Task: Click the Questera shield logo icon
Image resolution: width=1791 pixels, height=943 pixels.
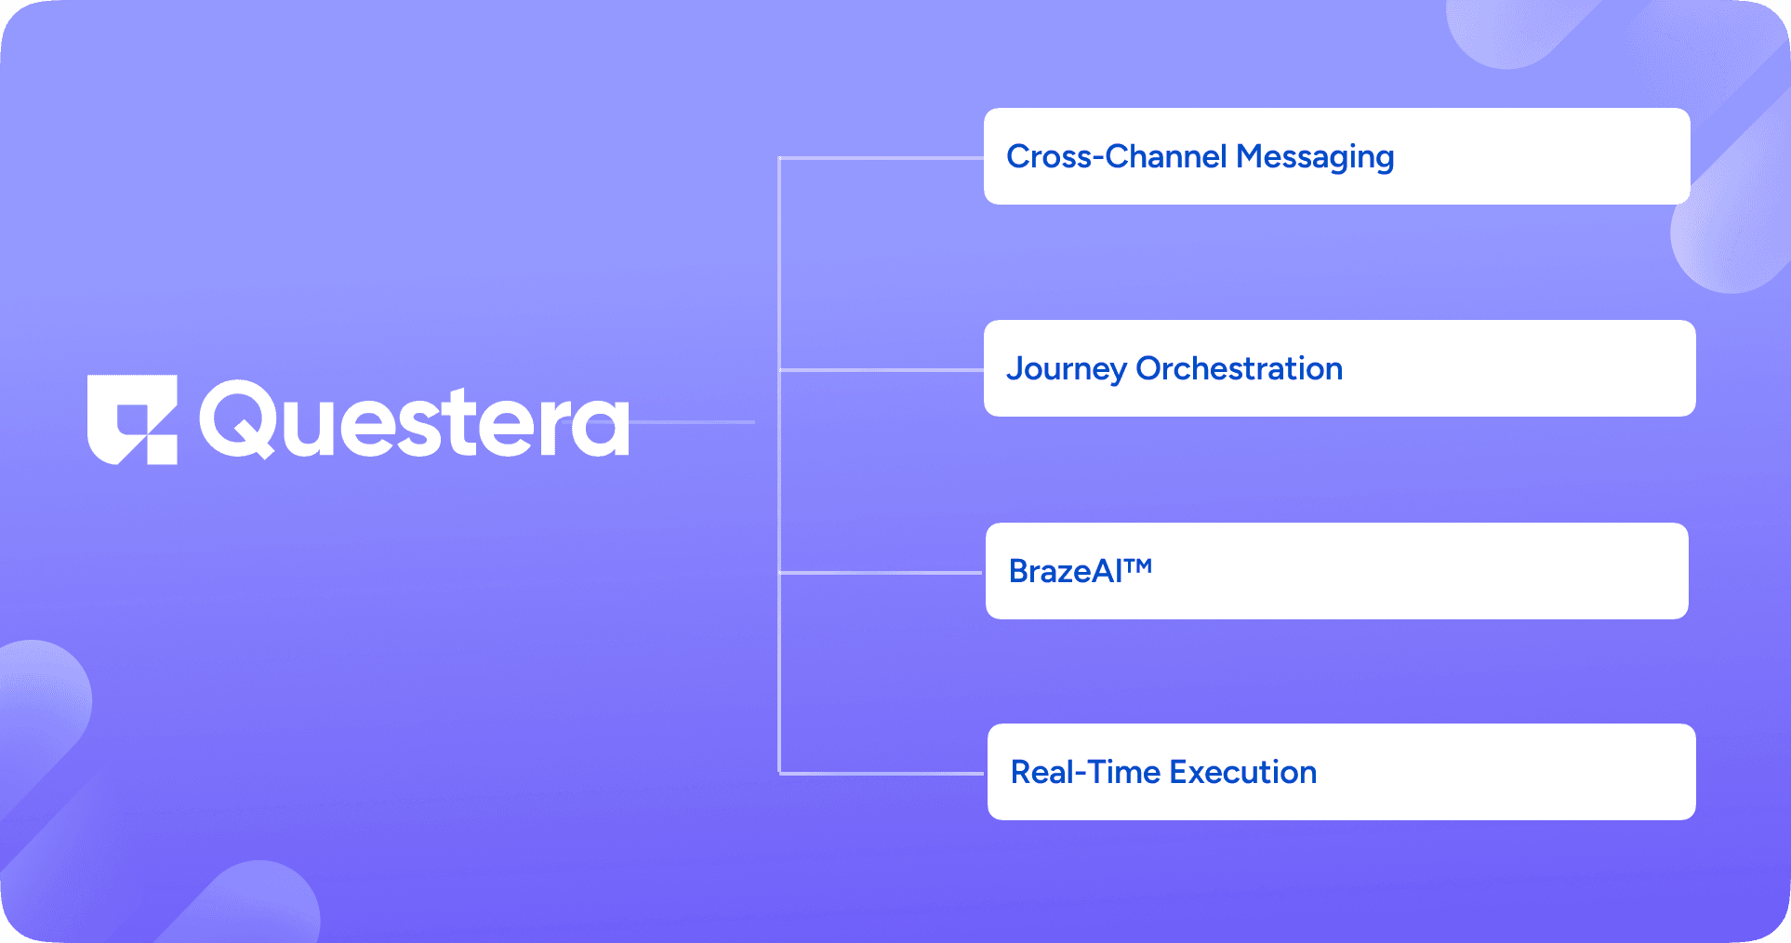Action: tap(131, 419)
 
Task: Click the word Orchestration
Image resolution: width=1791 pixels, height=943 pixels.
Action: tap(1239, 368)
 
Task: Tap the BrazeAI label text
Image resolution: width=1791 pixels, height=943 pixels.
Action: tap(1066, 571)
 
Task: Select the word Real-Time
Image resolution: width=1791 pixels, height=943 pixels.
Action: tap(1084, 772)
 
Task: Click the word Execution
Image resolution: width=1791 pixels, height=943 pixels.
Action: tap(1242, 772)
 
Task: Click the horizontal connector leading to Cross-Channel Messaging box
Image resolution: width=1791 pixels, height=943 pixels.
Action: tap(881, 158)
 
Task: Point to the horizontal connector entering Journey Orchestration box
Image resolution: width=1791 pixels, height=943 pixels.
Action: tap(881, 370)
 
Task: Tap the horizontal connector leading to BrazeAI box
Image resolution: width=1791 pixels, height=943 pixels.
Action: tap(881, 573)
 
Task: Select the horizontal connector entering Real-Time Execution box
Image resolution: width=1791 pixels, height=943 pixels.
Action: tap(881, 773)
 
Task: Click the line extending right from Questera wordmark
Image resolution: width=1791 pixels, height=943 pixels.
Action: tap(693, 422)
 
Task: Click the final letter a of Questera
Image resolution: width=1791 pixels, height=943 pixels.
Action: tap(599, 428)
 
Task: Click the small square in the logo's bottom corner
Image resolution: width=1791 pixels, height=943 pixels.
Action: tap(163, 450)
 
